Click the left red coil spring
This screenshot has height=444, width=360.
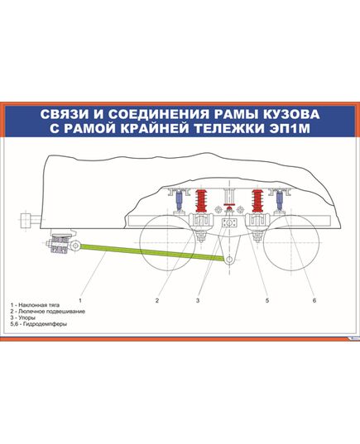199,201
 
